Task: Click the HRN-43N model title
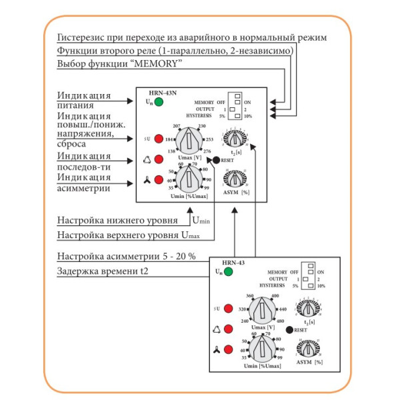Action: pos(157,92)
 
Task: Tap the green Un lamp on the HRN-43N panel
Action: pos(159,102)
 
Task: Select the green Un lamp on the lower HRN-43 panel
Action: pos(228,272)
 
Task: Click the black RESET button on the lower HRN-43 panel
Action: pos(288,330)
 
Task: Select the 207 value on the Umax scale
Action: pos(177,125)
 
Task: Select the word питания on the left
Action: pos(75,105)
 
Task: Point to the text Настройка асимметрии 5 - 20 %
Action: pos(126,257)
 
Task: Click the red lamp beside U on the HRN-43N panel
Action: pos(159,139)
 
